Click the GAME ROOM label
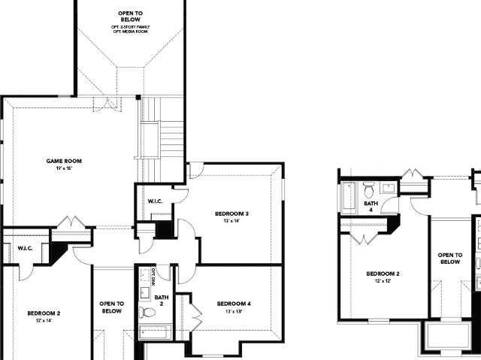pos(63,161)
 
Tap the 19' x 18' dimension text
pos(63,168)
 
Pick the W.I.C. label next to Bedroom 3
pos(156,201)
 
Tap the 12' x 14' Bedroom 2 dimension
pos(44,321)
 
